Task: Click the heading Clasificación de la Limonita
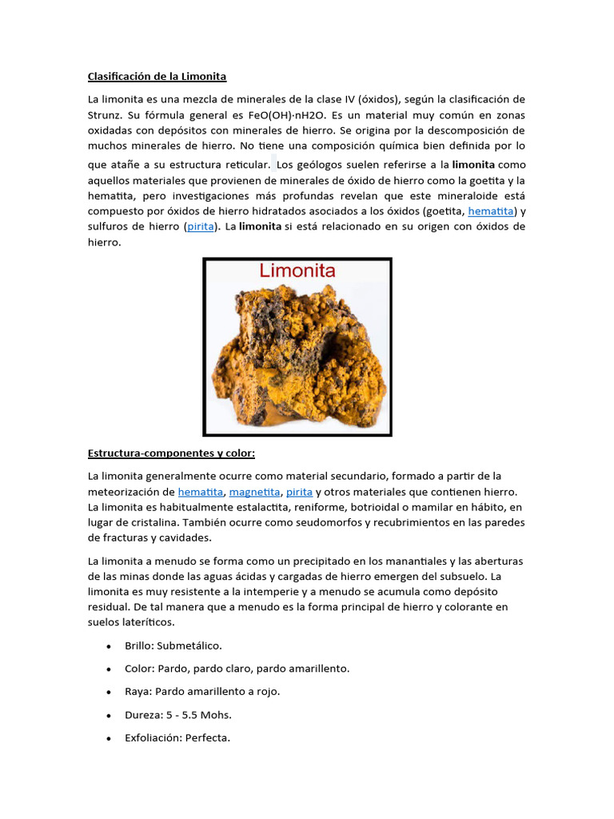tap(157, 77)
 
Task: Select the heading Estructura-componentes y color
tap(171, 453)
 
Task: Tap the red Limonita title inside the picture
tap(296, 271)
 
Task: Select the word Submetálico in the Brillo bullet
tap(189, 645)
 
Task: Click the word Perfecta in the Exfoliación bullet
tap(207, 737)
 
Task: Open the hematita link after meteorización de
tap(201, 491)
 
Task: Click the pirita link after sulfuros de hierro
tap(201, 226)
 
